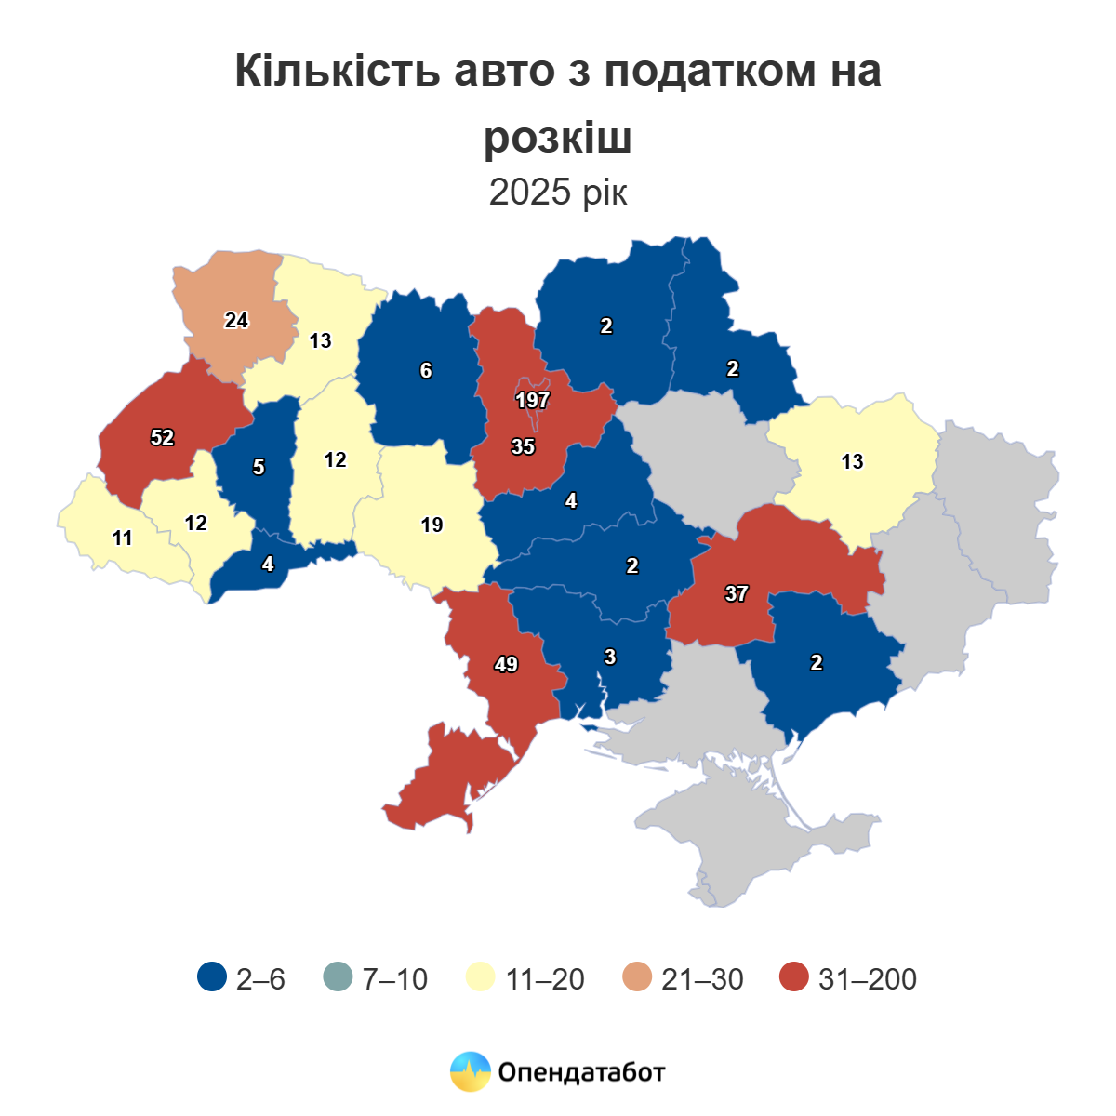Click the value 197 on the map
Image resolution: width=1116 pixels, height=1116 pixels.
coord(533,401)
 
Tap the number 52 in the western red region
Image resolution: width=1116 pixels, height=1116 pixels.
coord(163,437)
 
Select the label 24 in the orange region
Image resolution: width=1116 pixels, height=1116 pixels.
coord(236,320)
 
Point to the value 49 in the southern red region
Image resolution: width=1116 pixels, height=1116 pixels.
coord(506,665)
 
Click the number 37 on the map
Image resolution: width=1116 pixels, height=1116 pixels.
coord(736,593)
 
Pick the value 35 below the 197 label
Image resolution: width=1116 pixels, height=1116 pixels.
coord(523,447)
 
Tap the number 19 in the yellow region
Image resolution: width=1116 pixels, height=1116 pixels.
coord(432,525)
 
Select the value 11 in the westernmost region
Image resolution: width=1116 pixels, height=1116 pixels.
coord(122,538)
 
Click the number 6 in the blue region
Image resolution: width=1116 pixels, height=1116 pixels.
coord(426,371)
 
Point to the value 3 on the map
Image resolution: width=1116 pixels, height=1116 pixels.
coord(610,658)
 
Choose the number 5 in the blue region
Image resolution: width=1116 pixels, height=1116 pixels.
coord(259,467)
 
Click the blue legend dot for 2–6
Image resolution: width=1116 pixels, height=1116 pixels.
coord(212,977)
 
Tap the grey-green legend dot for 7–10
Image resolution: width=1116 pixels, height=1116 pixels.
coord(338,977)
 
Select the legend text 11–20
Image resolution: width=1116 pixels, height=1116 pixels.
coord(545,978)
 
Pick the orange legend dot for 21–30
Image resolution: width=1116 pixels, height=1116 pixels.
coord(637,977)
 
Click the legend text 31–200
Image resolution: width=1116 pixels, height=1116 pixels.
coord(867,978)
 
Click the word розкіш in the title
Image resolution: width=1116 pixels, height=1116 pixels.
coord(558,139)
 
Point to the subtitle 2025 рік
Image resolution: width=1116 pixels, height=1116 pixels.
coord(558,193)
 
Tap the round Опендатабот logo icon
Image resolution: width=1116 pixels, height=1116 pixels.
coord(470,1071)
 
